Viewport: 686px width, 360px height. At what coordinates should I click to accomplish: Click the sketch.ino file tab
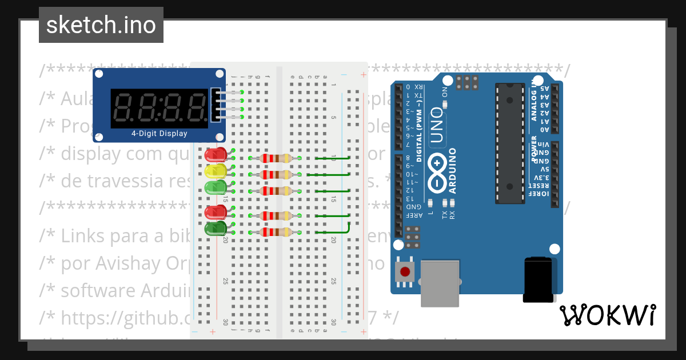101,25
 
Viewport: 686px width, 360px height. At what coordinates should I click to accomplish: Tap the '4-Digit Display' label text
159,134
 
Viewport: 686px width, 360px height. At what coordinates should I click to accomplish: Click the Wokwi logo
607,315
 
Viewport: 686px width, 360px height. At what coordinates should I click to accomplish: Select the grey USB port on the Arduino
440,282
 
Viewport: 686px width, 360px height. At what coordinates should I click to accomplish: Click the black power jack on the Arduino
538,279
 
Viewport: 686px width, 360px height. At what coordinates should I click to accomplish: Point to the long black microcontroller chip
510,143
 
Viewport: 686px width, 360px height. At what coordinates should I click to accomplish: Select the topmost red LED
216,154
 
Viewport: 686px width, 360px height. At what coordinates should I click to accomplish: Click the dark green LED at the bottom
214,229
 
